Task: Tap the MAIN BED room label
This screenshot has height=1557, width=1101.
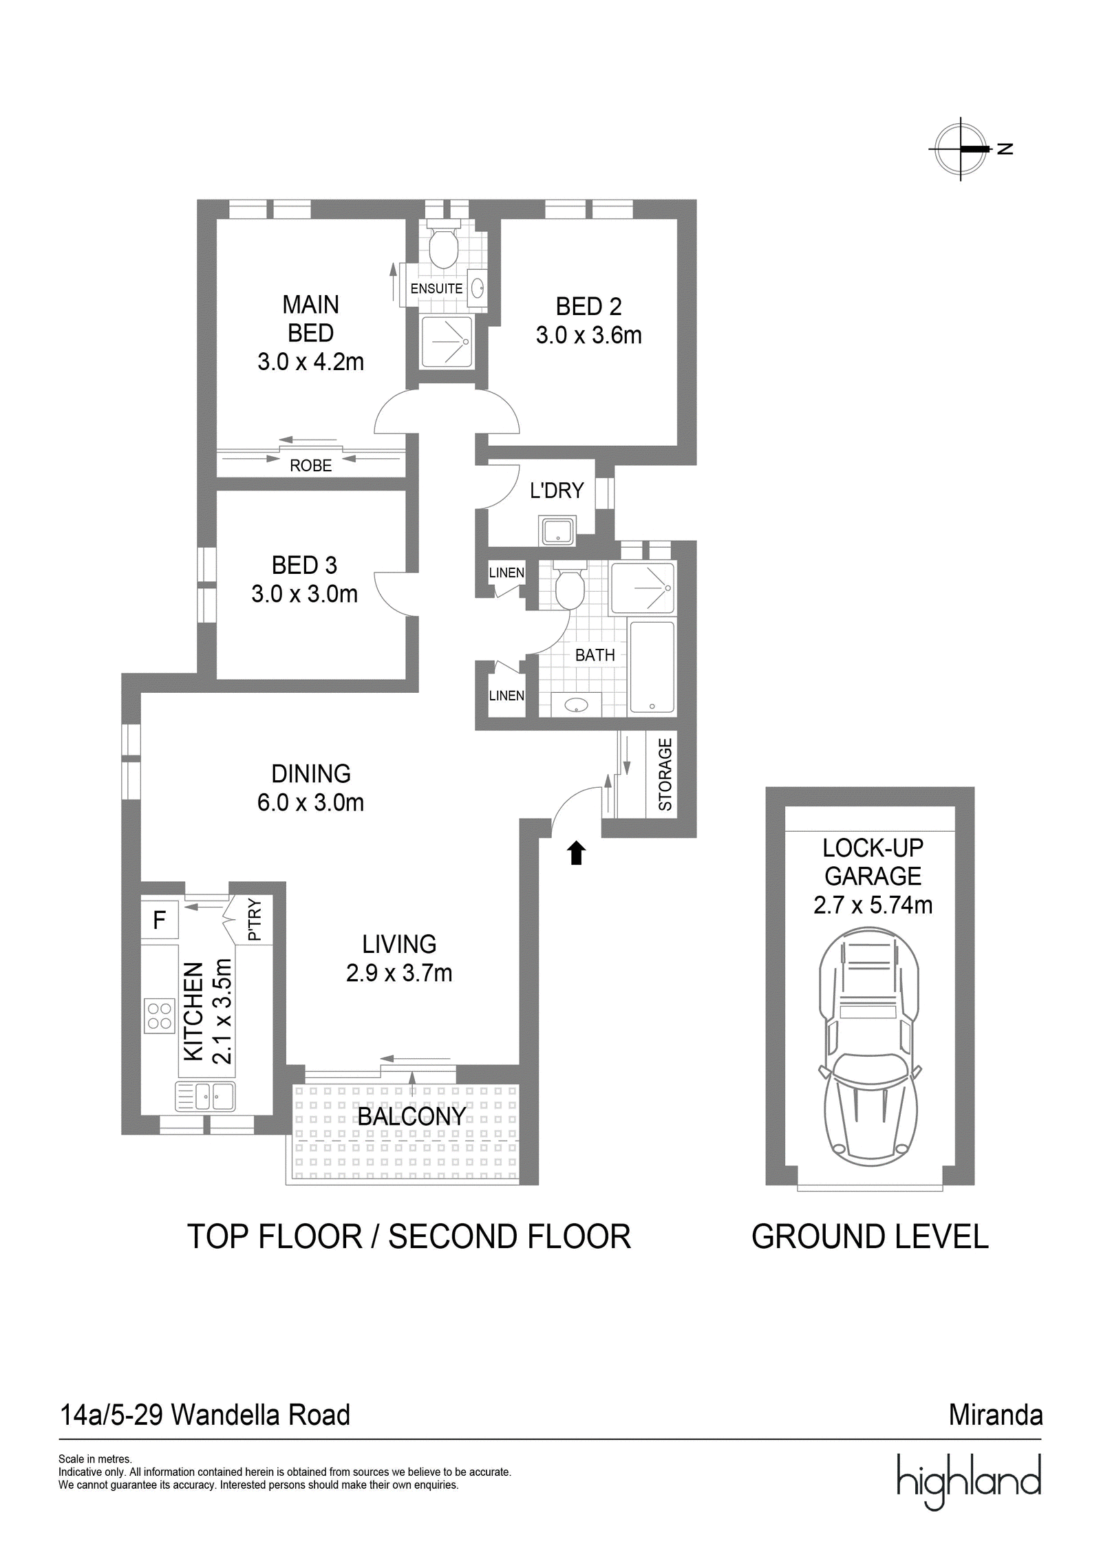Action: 310,319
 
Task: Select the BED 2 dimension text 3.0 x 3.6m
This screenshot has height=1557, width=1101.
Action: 588,335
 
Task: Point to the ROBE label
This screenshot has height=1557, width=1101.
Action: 310,466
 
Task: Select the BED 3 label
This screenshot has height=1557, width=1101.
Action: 304,565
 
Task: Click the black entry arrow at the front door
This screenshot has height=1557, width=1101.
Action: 576,852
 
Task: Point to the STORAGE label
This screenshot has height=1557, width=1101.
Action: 665,774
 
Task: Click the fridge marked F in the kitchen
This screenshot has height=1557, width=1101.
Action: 160,919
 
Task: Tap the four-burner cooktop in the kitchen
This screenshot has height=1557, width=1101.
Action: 160,1016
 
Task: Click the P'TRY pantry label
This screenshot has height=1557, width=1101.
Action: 255,919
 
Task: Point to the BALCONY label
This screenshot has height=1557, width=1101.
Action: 411,1116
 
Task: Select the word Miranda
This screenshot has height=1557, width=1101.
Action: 996,1415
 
